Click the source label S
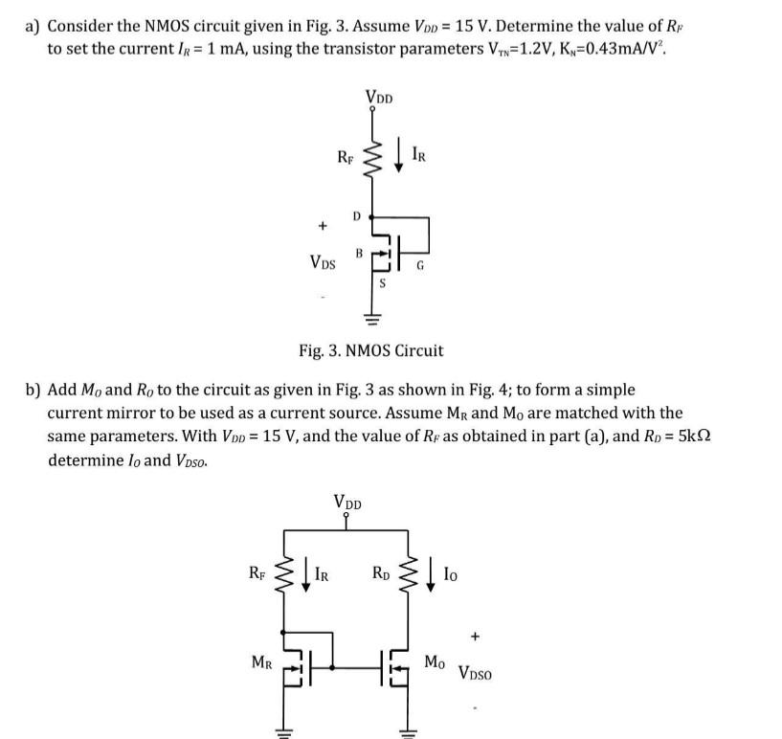(383, 283)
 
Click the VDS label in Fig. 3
(325, 260)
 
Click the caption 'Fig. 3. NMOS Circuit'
(370, 350)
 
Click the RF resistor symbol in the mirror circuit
(284, 575)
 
